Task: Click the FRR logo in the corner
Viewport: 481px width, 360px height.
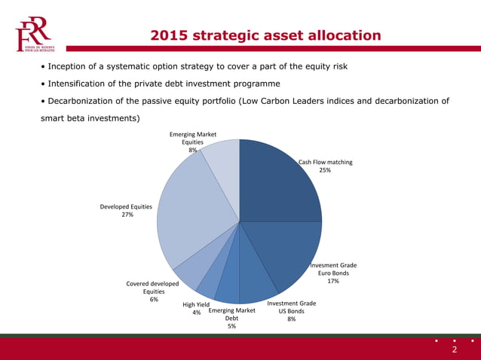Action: pos(33,34)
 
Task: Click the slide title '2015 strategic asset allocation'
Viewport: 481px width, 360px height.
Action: pos(265,35)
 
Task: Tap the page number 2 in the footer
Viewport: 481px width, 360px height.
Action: pos(454,349)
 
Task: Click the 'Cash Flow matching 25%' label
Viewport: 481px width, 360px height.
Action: pos(325,166)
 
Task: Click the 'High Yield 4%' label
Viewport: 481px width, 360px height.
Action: pos(196,308)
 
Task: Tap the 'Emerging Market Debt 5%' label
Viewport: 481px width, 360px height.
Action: pos(232,318)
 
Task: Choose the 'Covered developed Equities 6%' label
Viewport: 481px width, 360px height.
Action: pos(153,291)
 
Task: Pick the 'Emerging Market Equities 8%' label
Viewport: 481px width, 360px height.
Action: pos(193,142)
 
